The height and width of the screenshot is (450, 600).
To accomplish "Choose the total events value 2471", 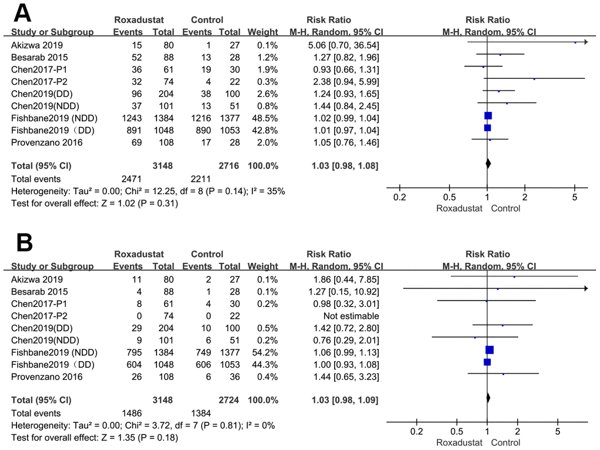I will click(132, 178).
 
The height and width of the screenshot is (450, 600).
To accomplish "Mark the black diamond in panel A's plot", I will click(488, 165).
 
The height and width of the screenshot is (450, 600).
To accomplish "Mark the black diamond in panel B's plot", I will click(488, 399).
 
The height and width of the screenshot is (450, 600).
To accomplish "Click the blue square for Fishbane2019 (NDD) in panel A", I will click(488, 116).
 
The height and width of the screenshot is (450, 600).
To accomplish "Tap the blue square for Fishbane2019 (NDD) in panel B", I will click(489, 351).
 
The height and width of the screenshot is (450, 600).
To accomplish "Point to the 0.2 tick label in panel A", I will click(399, 197).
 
